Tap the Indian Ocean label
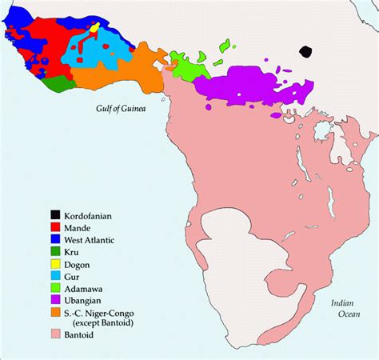point(349,308)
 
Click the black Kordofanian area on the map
point(305,51)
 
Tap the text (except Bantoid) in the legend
point(99,325)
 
